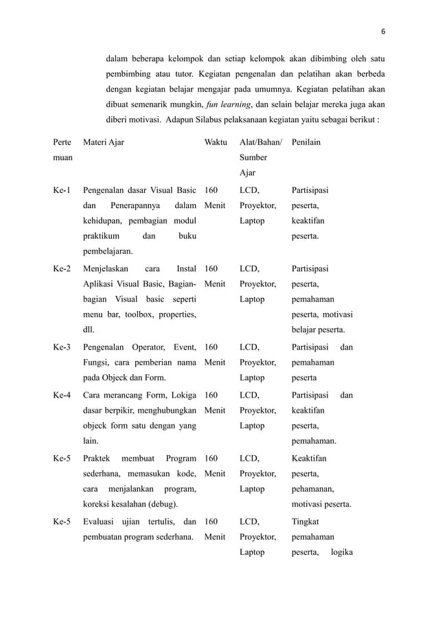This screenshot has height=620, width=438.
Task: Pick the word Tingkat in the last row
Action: point(306,520)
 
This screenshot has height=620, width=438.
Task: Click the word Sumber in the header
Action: point(253,158)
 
